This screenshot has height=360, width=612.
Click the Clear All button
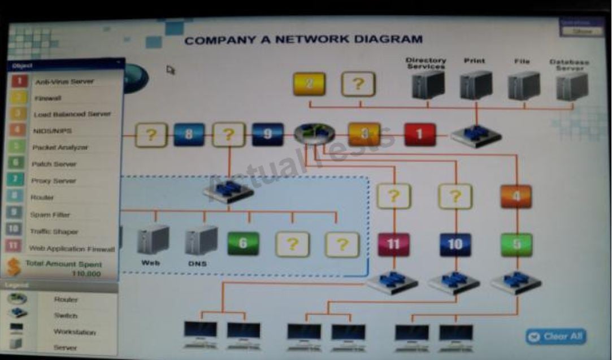coord(556,336)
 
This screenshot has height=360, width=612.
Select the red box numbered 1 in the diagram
coord(420,135)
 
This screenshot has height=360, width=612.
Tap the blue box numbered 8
coord(189,135)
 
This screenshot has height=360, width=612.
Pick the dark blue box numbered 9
coord(267,135)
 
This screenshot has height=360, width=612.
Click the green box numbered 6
coord(243,244)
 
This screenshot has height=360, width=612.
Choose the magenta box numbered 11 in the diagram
coord(394,245)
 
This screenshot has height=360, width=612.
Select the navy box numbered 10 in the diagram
coord(455,245)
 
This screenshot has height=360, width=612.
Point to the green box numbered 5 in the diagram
coord(516,245)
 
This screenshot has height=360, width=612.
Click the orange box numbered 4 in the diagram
coord(516,197)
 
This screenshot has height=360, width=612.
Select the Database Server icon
coord(571,86)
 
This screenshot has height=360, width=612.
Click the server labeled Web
coord(153,240)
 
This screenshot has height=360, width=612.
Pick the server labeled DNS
coord(201,240)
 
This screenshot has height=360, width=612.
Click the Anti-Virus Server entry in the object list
coord(64,81)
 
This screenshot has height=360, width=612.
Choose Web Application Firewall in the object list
coord(72,249)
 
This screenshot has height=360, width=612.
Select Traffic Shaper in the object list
coord(54,232)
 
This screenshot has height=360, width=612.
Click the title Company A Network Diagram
coord(303,40)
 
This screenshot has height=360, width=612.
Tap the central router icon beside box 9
coord(314,134)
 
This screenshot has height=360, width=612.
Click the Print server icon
coord(476,85)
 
